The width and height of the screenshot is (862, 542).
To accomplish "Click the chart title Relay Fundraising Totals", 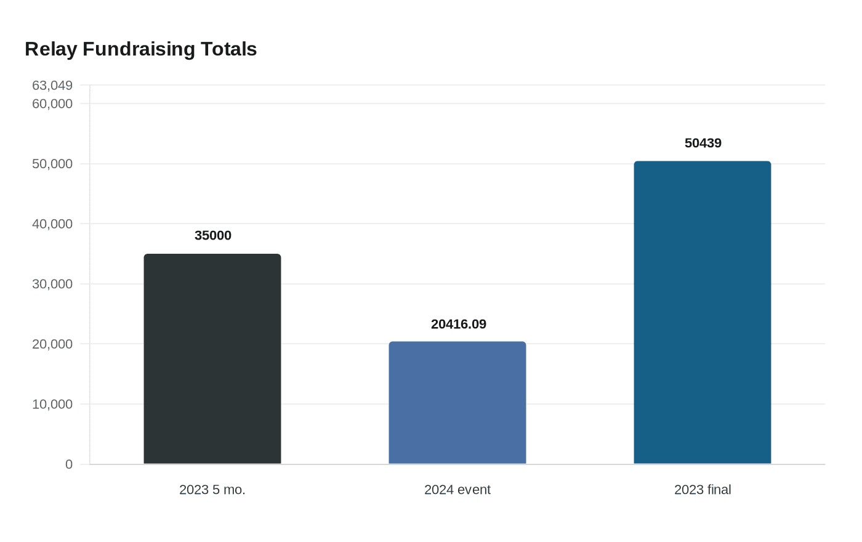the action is pos(141,49).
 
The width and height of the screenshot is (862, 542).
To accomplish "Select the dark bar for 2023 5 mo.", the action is pos(212,358).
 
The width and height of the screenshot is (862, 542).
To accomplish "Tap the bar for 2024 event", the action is pos(457,403).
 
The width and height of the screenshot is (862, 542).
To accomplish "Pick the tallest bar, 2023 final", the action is pos(703,313).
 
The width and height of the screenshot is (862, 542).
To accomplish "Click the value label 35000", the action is pos(213,235).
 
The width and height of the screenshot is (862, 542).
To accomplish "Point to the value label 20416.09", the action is pos(458,324).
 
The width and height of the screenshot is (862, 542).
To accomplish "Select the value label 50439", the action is pos(703,143).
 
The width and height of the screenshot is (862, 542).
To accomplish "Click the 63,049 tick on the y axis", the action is pos(52,86).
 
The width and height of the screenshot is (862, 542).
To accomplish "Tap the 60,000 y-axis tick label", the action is pos(52,104).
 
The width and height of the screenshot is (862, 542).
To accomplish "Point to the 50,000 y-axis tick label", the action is pos(52,164).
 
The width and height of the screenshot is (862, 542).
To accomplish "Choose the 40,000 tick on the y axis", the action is pos(52,224).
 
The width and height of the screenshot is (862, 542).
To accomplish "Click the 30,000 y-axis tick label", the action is pos(52,284).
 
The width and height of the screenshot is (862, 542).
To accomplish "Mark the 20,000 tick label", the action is pos(52,344).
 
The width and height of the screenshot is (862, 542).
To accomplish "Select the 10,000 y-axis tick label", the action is pos(52,404).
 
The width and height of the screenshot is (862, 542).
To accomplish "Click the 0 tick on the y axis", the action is pos(69,464).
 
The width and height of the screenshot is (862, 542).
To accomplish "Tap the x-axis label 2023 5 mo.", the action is pos(212,490).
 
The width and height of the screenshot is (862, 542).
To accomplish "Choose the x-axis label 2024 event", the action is pos(457,490).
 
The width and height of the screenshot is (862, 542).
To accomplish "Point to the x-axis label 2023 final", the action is pos(703,490).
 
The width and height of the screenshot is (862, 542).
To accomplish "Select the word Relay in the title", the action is pos(51,49).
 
